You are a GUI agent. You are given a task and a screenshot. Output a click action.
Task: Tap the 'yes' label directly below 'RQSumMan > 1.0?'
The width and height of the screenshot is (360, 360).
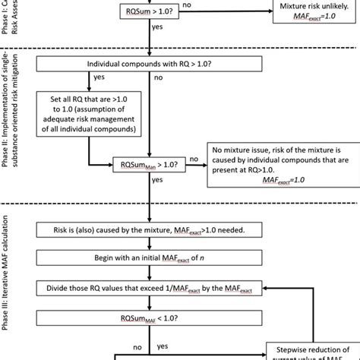point(156,181)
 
